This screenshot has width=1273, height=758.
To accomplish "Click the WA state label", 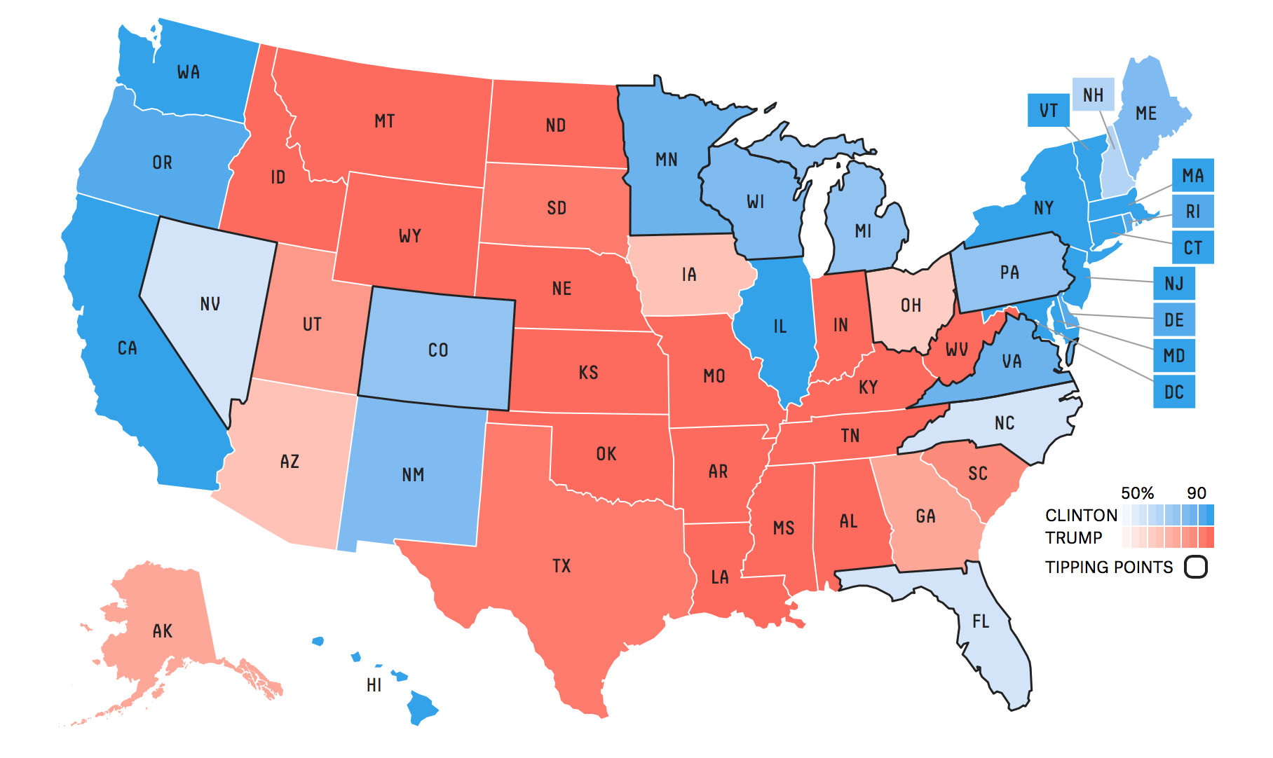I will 188,72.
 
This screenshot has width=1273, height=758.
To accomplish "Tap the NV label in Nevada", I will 210,304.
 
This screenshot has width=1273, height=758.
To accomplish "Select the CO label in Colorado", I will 437,350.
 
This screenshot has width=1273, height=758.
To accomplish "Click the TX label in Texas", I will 561,566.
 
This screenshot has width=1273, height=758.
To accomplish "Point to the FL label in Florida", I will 981,621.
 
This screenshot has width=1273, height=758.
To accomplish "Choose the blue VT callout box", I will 1049,111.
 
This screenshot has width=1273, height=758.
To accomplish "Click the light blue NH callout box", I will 1093,95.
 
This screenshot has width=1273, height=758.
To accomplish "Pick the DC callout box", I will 1174,392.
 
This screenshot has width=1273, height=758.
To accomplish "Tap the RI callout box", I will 1192,212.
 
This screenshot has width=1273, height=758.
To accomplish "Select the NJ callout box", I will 1174,284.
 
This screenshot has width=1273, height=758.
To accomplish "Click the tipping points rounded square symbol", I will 1196,567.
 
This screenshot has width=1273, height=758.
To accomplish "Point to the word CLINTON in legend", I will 1081,516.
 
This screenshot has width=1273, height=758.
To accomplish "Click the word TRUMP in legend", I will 1073,538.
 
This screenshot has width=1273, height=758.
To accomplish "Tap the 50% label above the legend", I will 1137,493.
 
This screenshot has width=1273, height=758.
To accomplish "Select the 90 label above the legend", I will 1196,493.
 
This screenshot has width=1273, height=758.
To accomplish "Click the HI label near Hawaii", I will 374,685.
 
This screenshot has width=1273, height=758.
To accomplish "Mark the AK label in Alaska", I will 162,631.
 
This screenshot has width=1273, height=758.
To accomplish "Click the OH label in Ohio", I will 911,305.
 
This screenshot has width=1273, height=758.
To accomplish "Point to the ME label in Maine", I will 1146,113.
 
